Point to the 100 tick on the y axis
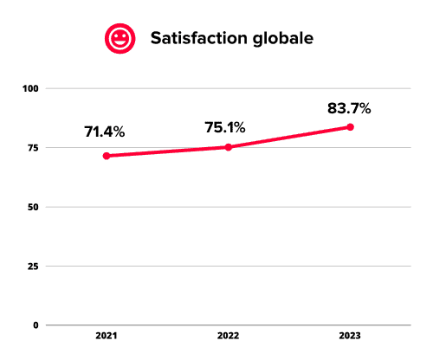point(31,88)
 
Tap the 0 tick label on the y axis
point(36,325)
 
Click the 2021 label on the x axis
point(107,337)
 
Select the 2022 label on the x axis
point(229,337)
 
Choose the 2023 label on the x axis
point(350,337)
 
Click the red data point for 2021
point(107,156)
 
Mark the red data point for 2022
point(229,147)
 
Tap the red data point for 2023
point(350,127)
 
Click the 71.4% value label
point(105,132)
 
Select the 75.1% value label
point(224,127)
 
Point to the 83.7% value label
point(349,108)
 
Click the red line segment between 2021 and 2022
point(167,151)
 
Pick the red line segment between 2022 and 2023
point(289,138)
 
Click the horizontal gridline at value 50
point(260,207)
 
